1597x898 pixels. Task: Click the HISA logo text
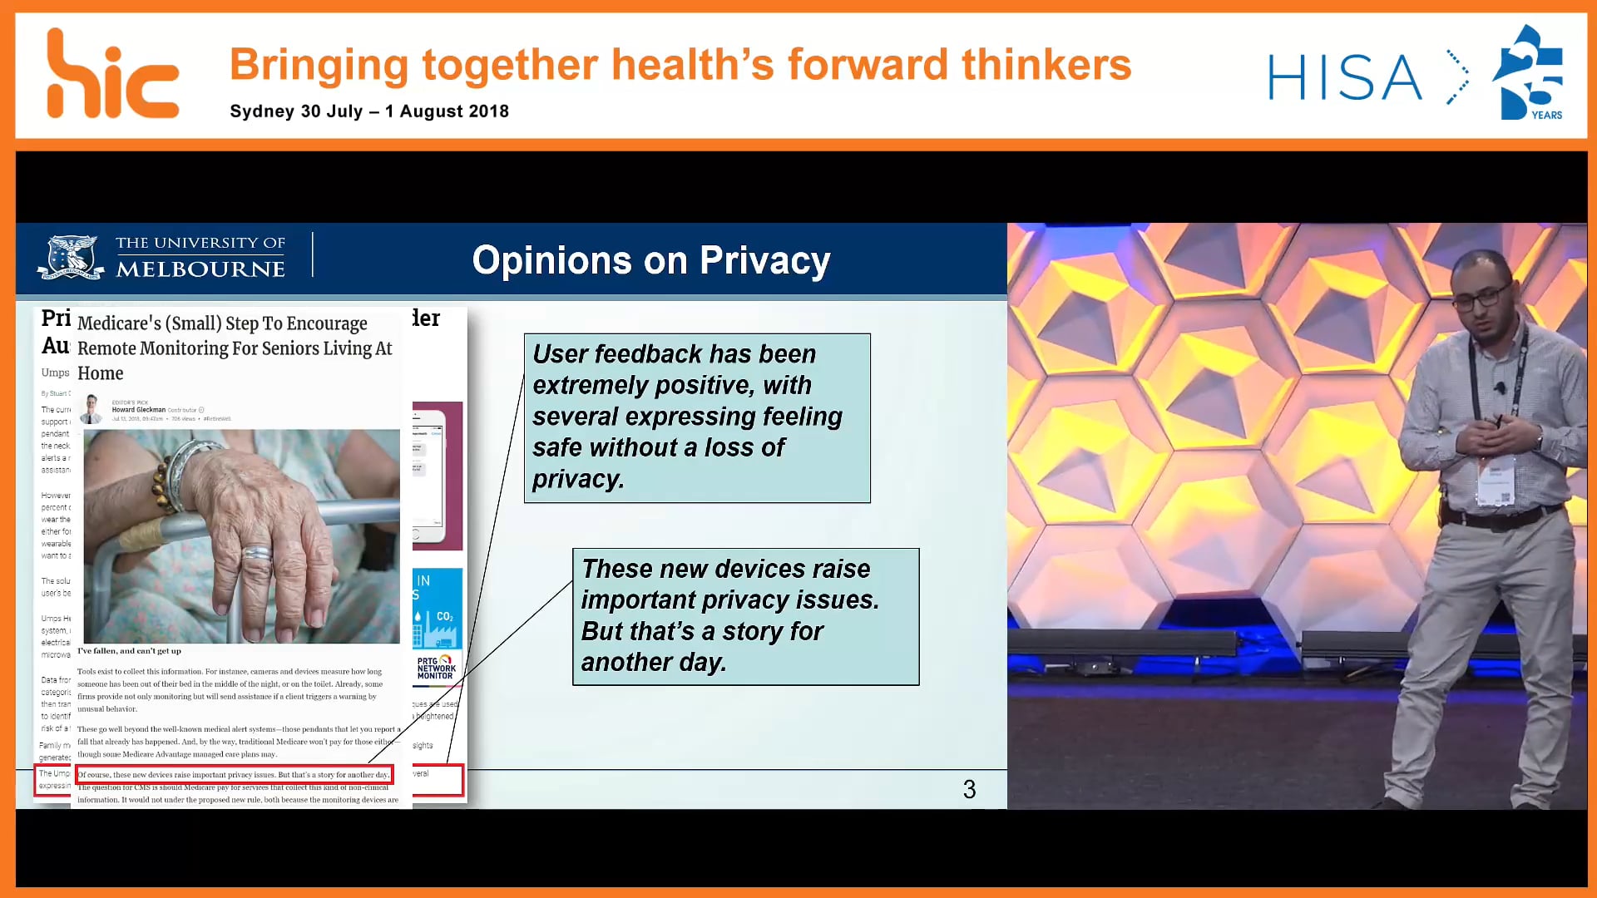coord(1344,78)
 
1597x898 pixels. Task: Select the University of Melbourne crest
coord(72,256)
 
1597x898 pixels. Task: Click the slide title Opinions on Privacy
coord(650,260)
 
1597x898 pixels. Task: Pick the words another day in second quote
coord(654,663)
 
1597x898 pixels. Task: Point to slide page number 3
coord(969,789)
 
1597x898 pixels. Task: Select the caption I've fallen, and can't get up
coord(129,651)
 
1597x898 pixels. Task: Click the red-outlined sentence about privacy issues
coord(234,775)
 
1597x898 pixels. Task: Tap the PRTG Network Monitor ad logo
coord(436,668)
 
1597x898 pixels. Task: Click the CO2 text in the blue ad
coord(444,616)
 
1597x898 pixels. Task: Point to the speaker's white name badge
coord(1496,485)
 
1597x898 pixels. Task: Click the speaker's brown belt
coord(1497,521)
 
